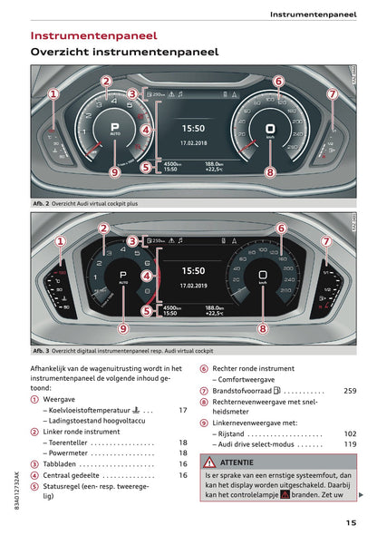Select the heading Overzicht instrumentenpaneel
[124, 53]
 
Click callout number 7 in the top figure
[333, 93]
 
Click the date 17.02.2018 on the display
[193, 143]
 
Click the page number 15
[350, 521]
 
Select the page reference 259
[350, 391]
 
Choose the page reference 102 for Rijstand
[350, 433]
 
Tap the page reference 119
[350, 444]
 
